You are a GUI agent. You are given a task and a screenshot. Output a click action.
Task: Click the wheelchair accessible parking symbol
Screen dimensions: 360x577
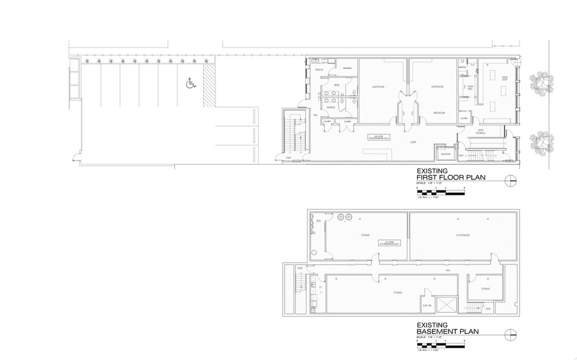coord(189,81)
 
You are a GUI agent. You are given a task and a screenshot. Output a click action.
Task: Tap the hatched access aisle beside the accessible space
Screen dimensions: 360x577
coord(209,86)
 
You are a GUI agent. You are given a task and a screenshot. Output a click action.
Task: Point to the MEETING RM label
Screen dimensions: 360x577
coord(439,113)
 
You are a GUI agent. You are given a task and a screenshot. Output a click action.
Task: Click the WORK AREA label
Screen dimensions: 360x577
coord(470,88)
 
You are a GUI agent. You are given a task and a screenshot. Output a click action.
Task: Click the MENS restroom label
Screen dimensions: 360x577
coord(337,85)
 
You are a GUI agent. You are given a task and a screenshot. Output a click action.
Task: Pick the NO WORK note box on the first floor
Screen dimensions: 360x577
coord(378,137)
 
